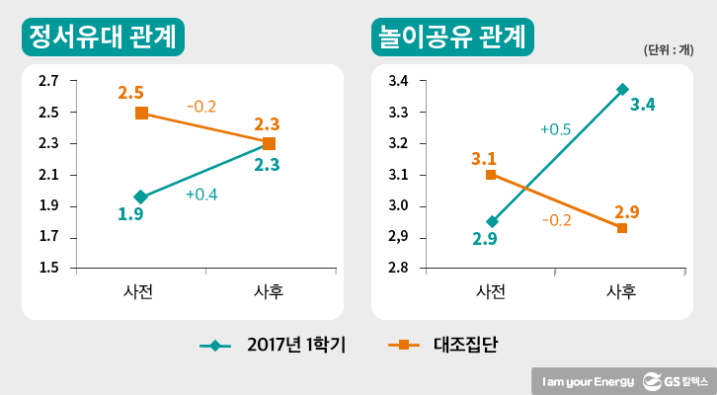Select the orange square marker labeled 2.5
(x=142, y=113)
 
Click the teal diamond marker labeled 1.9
(x=141, y=197)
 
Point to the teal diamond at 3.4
(x=622, y=89)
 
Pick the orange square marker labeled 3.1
(x=492, y=175)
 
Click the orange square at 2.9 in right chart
(x=622, y=228)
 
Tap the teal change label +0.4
(x=201, y=195)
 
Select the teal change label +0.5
(x=554, y=128)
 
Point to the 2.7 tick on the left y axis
(x=48, y=81)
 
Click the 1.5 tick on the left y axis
(x=48, y=269)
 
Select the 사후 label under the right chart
(x=622, y=291)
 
